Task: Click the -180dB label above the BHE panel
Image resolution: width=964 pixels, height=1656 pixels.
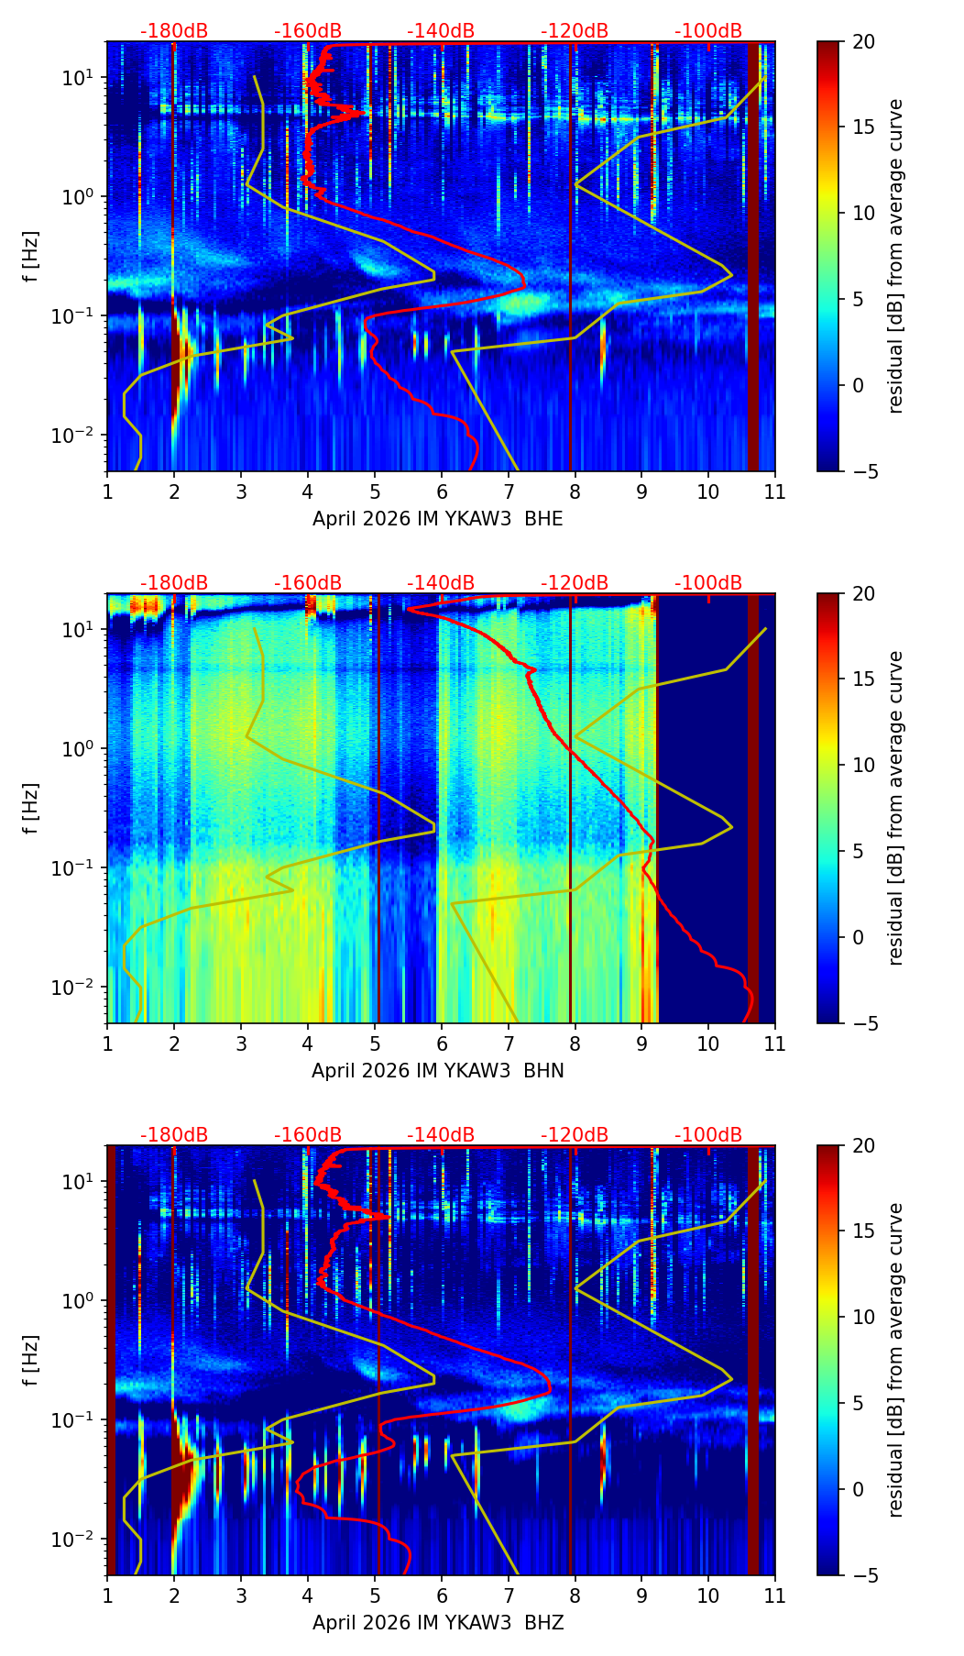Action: [x=174, y=31]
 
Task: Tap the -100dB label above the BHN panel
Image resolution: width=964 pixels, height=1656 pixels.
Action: [x=708, y=583]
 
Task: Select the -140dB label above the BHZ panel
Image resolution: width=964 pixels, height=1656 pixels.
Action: [x=441, y=1135]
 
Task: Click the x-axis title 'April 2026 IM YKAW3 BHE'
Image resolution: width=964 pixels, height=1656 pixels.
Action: [x=438, y=519]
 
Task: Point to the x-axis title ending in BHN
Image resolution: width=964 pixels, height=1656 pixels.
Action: [x=438, y=1071]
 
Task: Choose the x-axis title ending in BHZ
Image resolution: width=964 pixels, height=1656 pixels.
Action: [x=438, y=1623]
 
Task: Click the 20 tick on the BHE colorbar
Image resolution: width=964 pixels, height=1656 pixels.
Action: [x=863, y=41]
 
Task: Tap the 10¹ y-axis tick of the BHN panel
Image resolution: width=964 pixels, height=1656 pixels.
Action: [x=72, y=629]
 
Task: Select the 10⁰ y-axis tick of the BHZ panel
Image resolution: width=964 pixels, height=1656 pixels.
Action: [x=72, y=1300]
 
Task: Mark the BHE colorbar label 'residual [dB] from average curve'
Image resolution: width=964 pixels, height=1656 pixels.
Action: [x=896, y=256]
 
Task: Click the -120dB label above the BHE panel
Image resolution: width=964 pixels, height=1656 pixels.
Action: [x=575, y=31]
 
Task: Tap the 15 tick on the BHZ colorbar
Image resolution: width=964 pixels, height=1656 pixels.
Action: [x=863, y=1231]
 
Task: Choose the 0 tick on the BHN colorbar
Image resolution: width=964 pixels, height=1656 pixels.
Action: [x=859, y=937]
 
